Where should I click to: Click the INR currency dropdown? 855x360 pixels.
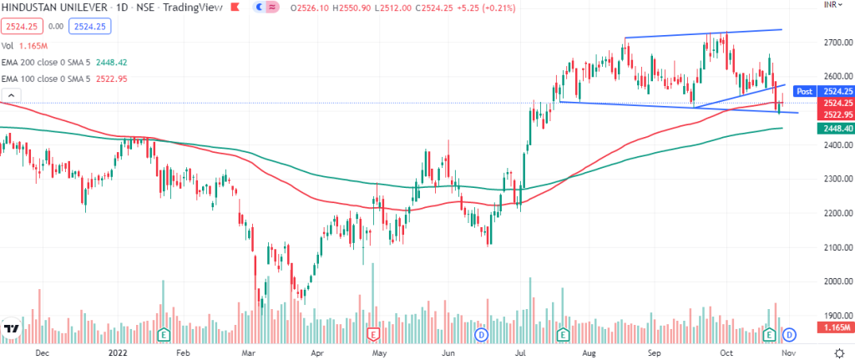coord(831,6)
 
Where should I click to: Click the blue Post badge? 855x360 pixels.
coord(804,90)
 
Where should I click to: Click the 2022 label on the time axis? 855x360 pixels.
coord(116,352)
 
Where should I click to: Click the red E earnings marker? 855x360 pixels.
coord(375,335)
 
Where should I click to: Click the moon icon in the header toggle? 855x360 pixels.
coord(272,8)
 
